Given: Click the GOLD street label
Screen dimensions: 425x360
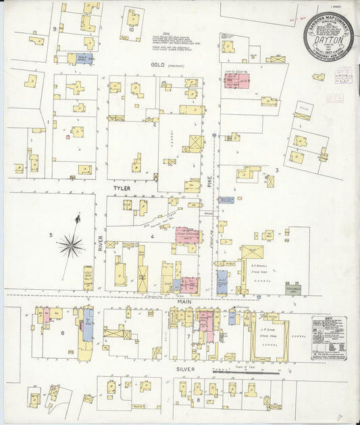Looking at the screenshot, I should pos(159,64).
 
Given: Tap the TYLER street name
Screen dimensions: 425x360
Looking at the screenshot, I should pos(122,189).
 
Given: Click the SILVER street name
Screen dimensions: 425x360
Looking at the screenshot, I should pos(185,370).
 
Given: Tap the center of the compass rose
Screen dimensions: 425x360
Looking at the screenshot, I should pos(71,245).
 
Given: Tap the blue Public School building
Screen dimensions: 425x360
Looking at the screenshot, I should pos(84,59).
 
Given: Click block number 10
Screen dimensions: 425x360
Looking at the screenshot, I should pos(132,30).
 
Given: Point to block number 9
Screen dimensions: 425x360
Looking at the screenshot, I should pos(54,29).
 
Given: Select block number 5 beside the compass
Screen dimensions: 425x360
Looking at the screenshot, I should pos(51,235).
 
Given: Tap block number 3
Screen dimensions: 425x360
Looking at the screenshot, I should pos(276,170).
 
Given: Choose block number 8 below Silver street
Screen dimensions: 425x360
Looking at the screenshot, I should pos(198,400).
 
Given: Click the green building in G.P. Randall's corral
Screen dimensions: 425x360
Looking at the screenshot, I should pos(292,288).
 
